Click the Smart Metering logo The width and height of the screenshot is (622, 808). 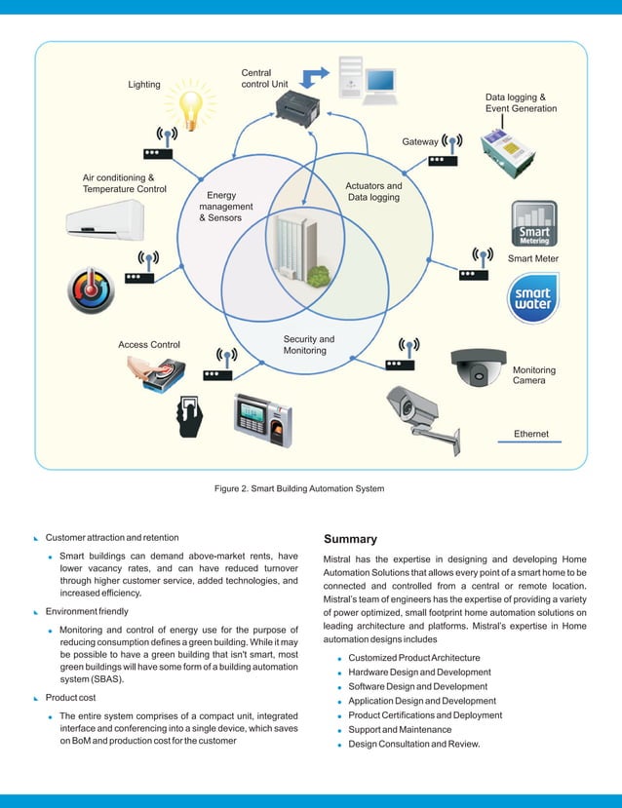(x=533, y=223)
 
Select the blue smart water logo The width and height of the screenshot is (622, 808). (x=533, y=298)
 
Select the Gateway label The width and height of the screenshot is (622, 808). (x=420, y=142)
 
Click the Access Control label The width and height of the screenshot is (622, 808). (x=149, y=345)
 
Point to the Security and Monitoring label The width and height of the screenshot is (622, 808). (x=309, y=345)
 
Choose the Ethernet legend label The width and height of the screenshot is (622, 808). (x=532, y=434)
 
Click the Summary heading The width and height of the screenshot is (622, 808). (x=350, y=539)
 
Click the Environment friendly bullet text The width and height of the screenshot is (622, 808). (x=87, y=611)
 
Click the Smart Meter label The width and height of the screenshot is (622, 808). (x=533, y=258)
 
